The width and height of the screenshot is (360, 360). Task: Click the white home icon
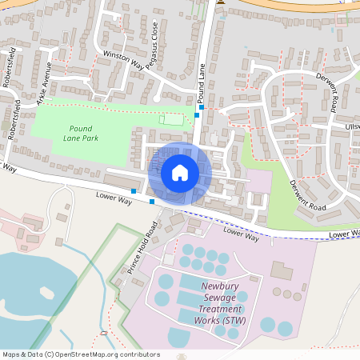point(179,172)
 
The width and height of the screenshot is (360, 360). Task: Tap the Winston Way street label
point(122,62)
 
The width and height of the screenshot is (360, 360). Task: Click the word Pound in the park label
point(82,128)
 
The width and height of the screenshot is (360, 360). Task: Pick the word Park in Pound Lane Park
point(98,138)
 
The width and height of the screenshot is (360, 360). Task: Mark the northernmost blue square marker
point(202,106)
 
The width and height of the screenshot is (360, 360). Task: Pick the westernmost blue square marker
point(134,190)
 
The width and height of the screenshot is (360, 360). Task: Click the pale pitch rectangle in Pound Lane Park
point(170,119)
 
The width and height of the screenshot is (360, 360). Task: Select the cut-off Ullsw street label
point(351,126)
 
